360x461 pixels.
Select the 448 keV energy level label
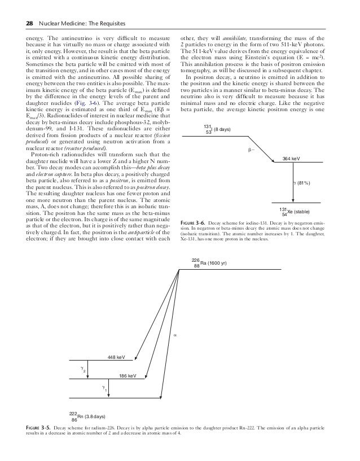[x=116, y=357]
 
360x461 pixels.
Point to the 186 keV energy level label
[x=128, y=375]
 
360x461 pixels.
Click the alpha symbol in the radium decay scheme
[x=174, y=336]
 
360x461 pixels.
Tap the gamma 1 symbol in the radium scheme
[x=104, y=388]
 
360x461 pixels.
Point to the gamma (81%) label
[x=302, y=183]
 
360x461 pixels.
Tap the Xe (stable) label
[x=302, y=212]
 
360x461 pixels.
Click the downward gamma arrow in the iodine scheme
[x=293, y=183]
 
